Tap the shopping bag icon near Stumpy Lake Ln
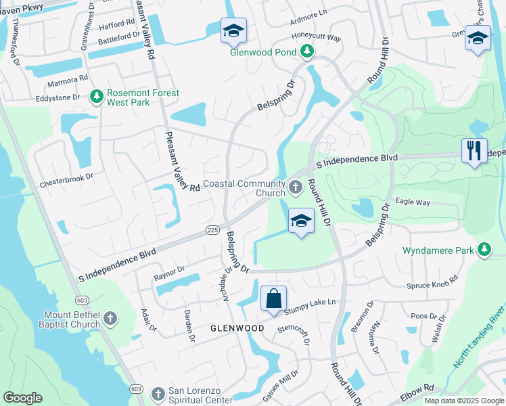(x=273, y=298)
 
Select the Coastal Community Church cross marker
(x=296, y=186)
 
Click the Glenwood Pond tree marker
(x=307, y=51)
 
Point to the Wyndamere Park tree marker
(x=484, y=250)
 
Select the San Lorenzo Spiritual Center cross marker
(x=158, y=394)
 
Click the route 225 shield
(x=212, y=231)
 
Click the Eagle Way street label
(x=413, y=202)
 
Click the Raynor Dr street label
(x=169, y=273)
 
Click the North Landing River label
(x=479, y=341)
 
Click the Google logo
(x=22, y=398)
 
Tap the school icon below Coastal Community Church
(x=301, y=221)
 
